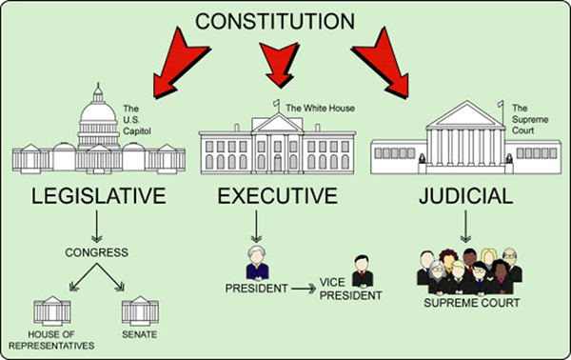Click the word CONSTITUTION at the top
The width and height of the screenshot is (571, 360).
[x=286, y=20]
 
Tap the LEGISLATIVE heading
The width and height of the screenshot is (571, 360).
[x=92, y=198]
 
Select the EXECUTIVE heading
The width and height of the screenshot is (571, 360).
[x=277, y=198]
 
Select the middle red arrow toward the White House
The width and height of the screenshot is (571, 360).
[x=278, y=67]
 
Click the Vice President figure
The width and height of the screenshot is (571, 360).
[x=359, y=270]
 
